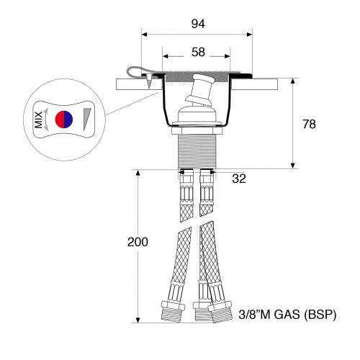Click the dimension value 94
pos(198,24)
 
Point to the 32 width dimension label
pos(239,178)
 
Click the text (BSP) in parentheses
pos(321,315)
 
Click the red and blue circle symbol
pos(65,119)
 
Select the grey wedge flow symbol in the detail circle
pos(88,119)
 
